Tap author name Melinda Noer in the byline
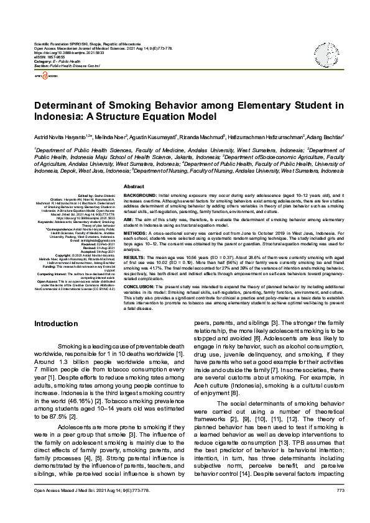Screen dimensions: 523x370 pos(109,136)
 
